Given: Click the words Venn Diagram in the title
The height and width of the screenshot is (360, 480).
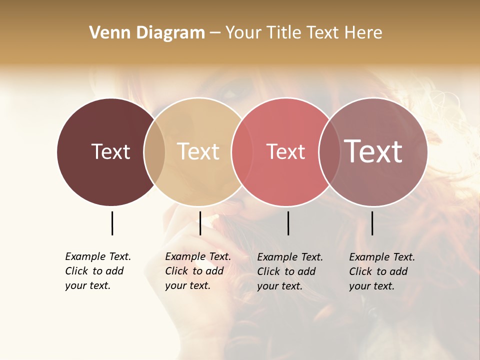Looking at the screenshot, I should tap(147, 33).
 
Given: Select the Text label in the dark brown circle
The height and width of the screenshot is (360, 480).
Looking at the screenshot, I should tap(110, 152).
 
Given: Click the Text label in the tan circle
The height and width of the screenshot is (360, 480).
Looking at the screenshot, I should tap(198, 152).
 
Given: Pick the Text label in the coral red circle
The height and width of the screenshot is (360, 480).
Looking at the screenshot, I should tap(285, 152).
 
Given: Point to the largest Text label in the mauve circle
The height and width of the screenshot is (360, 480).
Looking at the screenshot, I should tap(373, 151).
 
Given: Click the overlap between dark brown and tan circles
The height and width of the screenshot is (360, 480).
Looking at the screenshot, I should tap(154, 152).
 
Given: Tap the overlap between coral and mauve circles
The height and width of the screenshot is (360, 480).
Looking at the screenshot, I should tap(328, 152).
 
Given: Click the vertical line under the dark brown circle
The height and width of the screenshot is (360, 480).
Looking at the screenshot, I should tap(112, 223).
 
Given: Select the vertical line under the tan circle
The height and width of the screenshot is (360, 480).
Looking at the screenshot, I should tap(200, 223).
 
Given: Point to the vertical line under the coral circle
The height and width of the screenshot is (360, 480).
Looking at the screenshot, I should tap(288, 223).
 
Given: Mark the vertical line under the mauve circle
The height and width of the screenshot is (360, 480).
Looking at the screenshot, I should tap(372, 223).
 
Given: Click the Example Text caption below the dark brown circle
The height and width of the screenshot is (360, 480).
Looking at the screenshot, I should tap(97, 271).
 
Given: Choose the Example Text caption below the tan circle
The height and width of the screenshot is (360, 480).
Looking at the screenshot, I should tap(197, 271).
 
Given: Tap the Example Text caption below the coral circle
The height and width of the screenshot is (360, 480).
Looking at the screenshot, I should tap(289, 271).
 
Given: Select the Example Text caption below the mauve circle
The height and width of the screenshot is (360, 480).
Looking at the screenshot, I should tap(381, 271).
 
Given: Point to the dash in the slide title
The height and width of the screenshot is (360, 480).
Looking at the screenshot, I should tap(215, 33).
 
